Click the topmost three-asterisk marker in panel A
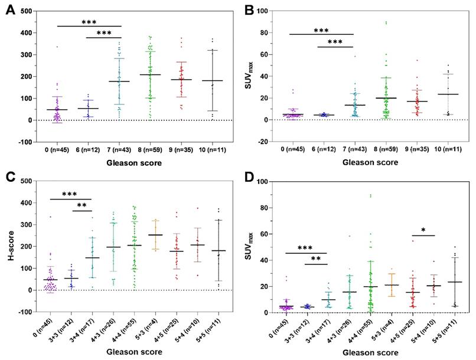(89, 22)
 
